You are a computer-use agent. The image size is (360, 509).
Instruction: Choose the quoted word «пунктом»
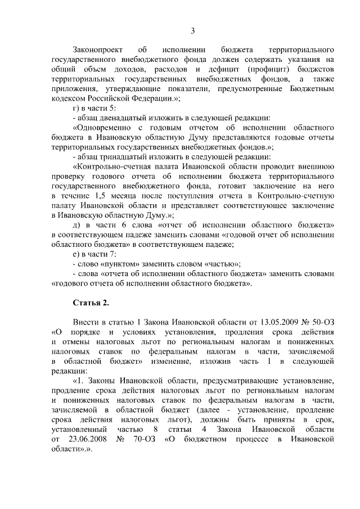pos(121,263)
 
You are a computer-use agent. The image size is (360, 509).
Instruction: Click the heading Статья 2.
pos(91,303)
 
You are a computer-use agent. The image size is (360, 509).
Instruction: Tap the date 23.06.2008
pos(81,439)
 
